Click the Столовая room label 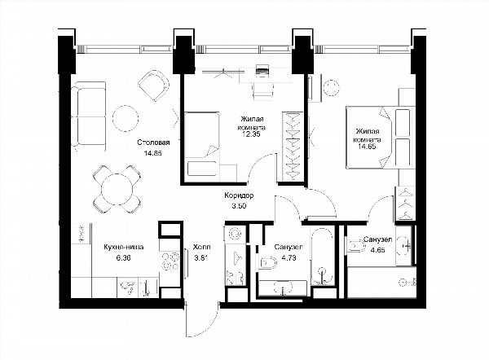[153, 143]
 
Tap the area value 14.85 [153, 153]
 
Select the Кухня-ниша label [124, 247]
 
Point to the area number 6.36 [122, 257]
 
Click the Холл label [201, 247]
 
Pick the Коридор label [239, 195]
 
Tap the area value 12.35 [251, 134]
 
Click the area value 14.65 [367, 146]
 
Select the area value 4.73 [289, 257]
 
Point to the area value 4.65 [377, 250]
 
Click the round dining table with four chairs [117, 189]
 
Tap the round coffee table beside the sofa [126, 118]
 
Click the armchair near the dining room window [154, 86]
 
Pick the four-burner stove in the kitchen [170, 261]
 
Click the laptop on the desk [262, 69]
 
